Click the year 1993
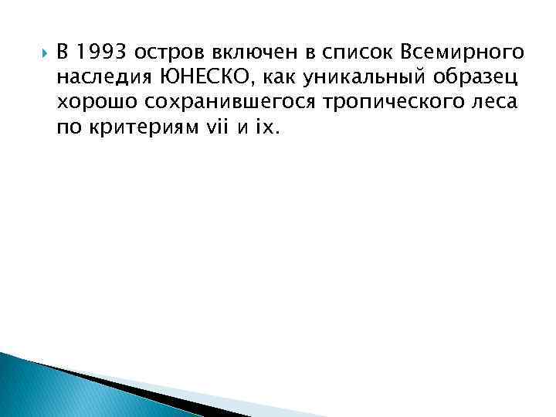(x=102, y=53)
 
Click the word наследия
(x=97, y=77)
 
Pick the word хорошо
(x=91, y=102)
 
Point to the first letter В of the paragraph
(x=61, y=53)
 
